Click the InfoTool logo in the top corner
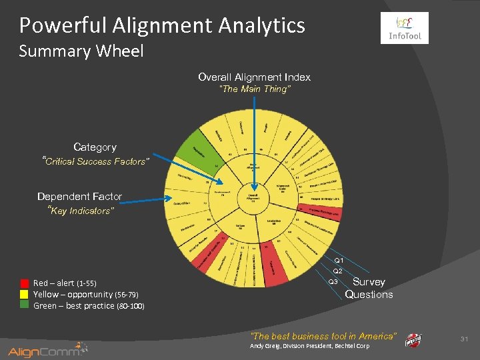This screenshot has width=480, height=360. [405, 28]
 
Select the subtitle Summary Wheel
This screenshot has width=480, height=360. [81, 51]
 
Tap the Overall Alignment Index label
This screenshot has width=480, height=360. [254, 77]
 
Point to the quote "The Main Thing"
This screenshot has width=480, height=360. [255, 89]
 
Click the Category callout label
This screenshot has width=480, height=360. [95, 147]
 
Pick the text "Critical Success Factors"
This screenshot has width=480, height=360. [96, 161]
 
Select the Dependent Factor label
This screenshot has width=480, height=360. [79, 197]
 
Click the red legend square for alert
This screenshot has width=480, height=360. [25, 283]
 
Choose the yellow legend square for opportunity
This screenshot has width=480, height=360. [25, 293]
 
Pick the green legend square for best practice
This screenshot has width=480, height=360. [25, 305]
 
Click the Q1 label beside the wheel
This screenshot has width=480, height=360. [339, 260]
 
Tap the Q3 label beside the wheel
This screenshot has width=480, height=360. [333, 282]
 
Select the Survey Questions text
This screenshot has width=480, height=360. [369, 288]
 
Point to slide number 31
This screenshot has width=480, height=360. [465, 339]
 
